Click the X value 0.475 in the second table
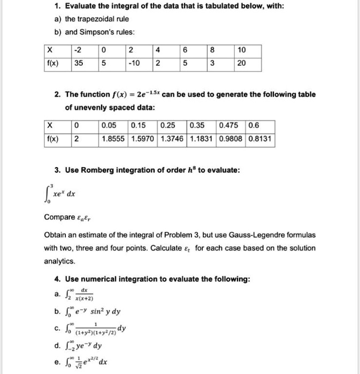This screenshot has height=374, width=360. (x=230, y=127)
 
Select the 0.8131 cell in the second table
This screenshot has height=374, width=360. (x=260, y=139)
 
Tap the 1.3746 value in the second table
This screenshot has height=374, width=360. (x=171, y=139)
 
